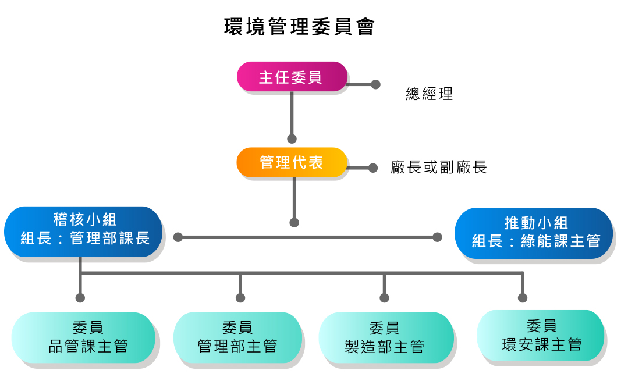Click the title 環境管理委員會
299,27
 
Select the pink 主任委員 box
292,77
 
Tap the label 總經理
429,94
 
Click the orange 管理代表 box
292,162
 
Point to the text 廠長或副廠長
439,168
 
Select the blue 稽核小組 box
83,230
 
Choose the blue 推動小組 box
534,233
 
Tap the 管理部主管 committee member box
238,337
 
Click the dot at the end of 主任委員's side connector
375,84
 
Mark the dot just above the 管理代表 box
292,139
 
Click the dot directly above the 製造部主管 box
384,298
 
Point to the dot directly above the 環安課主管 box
523,298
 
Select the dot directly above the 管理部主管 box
240,298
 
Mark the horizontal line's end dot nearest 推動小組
437,237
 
